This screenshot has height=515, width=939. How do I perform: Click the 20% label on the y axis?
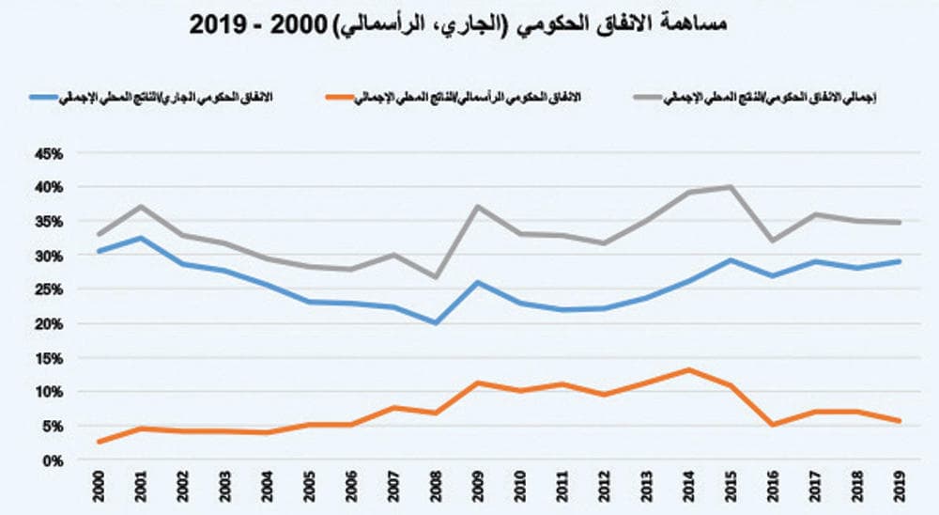pyautogui.click(x=49, y=324)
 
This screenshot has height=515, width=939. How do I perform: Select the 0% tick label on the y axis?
pyautogui.click(x=53, y=460)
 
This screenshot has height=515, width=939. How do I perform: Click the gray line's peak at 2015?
pyautogui.click(x=731, y=187)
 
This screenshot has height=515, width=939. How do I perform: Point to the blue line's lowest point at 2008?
pyautogui.click(x=435, y=322)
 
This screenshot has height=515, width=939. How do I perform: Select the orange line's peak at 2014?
pyautogui.click(x=688, y=369)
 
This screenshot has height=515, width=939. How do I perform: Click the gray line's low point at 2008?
pyautogui.click(x=435, y=277)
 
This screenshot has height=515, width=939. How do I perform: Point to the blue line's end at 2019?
pyautogui.click(x=899, y=261)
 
